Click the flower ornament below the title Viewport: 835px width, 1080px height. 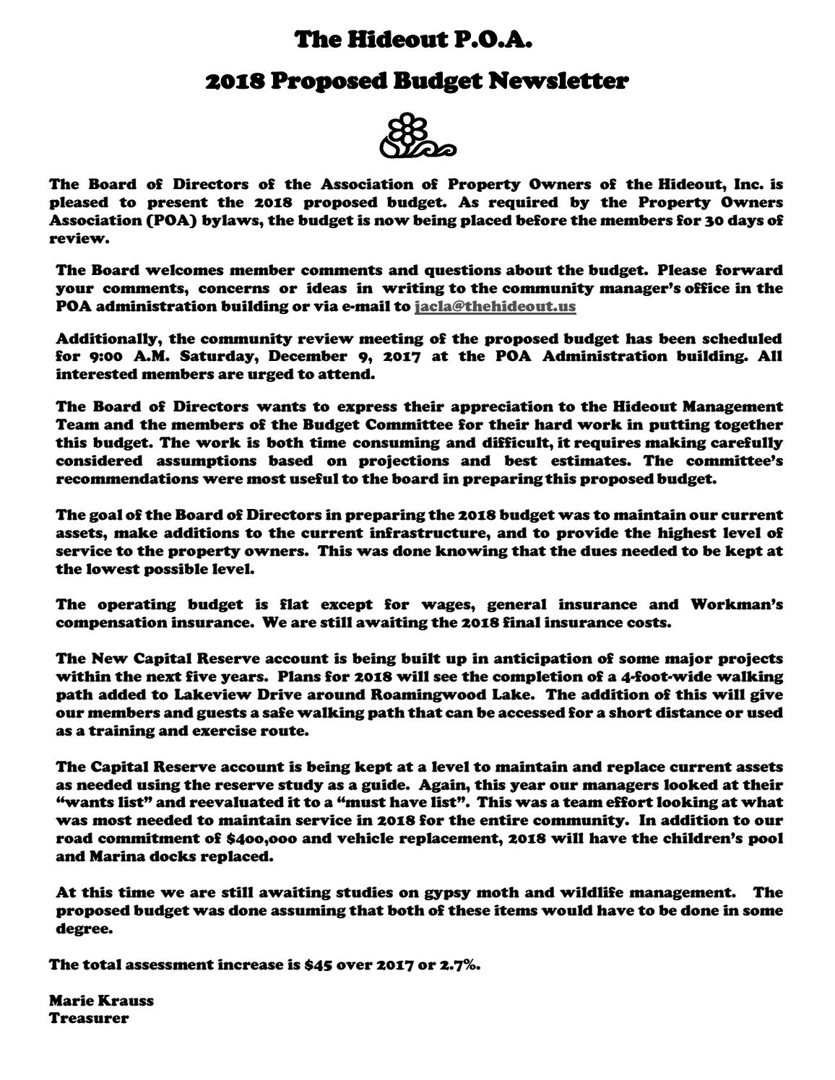[417, 136]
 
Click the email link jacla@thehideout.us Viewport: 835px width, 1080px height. [496, 306]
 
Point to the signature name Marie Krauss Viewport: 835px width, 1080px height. [101, 1001]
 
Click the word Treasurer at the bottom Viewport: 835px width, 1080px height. [89, 1019]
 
